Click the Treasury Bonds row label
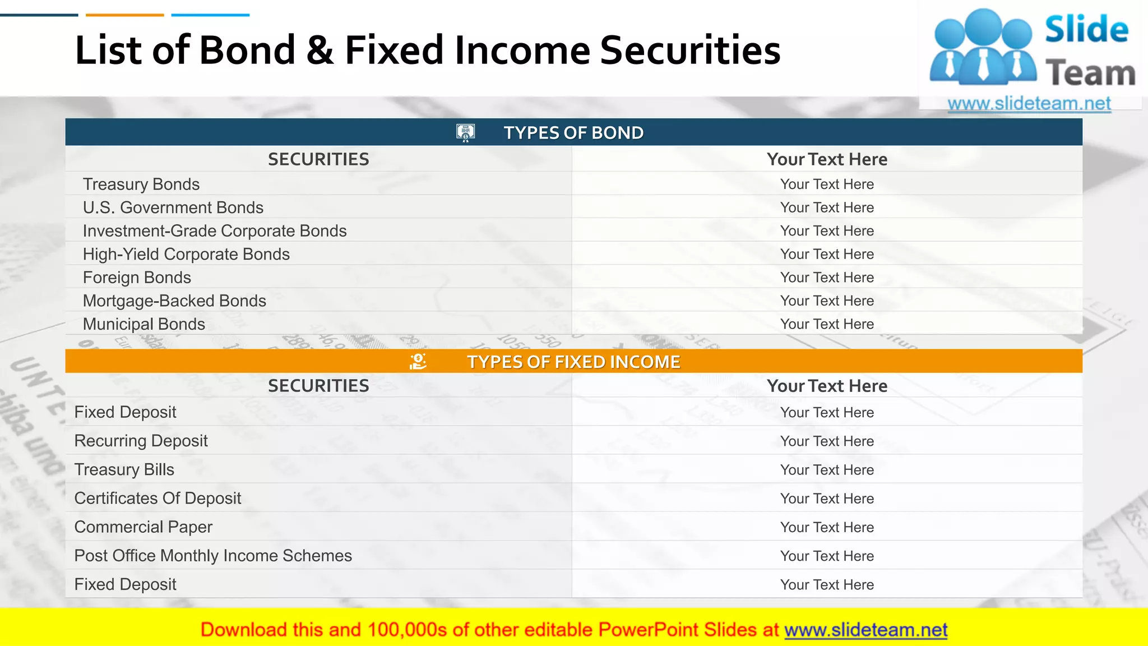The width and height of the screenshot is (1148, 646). coord(141,184)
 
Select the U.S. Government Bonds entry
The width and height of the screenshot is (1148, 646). coord(173,207)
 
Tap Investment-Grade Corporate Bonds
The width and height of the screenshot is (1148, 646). coord(214,231)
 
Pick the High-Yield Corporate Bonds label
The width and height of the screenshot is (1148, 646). coord(186,255)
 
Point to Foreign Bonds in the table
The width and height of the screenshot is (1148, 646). coord(137,278)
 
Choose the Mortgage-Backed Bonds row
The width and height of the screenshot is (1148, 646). coord(174,301)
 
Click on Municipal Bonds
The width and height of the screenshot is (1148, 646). coord(143,324)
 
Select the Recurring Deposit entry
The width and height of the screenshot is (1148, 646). coord(141,441)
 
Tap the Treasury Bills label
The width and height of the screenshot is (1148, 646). coord(124,470)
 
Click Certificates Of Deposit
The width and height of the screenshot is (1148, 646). coord(158,499)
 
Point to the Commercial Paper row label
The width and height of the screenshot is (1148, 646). coord(143,527)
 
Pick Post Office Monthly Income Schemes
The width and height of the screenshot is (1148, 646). coord(213,556)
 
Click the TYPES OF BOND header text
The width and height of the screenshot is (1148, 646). coord(573,133)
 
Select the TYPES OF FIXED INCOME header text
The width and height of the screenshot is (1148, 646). coord(573,362)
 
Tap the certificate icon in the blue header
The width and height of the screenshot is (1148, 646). coord(465,133)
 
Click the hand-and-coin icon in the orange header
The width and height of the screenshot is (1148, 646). coord(418,362)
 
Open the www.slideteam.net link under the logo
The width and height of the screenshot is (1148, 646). coord(1029,104)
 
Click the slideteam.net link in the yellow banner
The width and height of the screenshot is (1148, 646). coord(865,630)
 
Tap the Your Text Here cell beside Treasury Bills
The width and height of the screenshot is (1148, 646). coord(827,470)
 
